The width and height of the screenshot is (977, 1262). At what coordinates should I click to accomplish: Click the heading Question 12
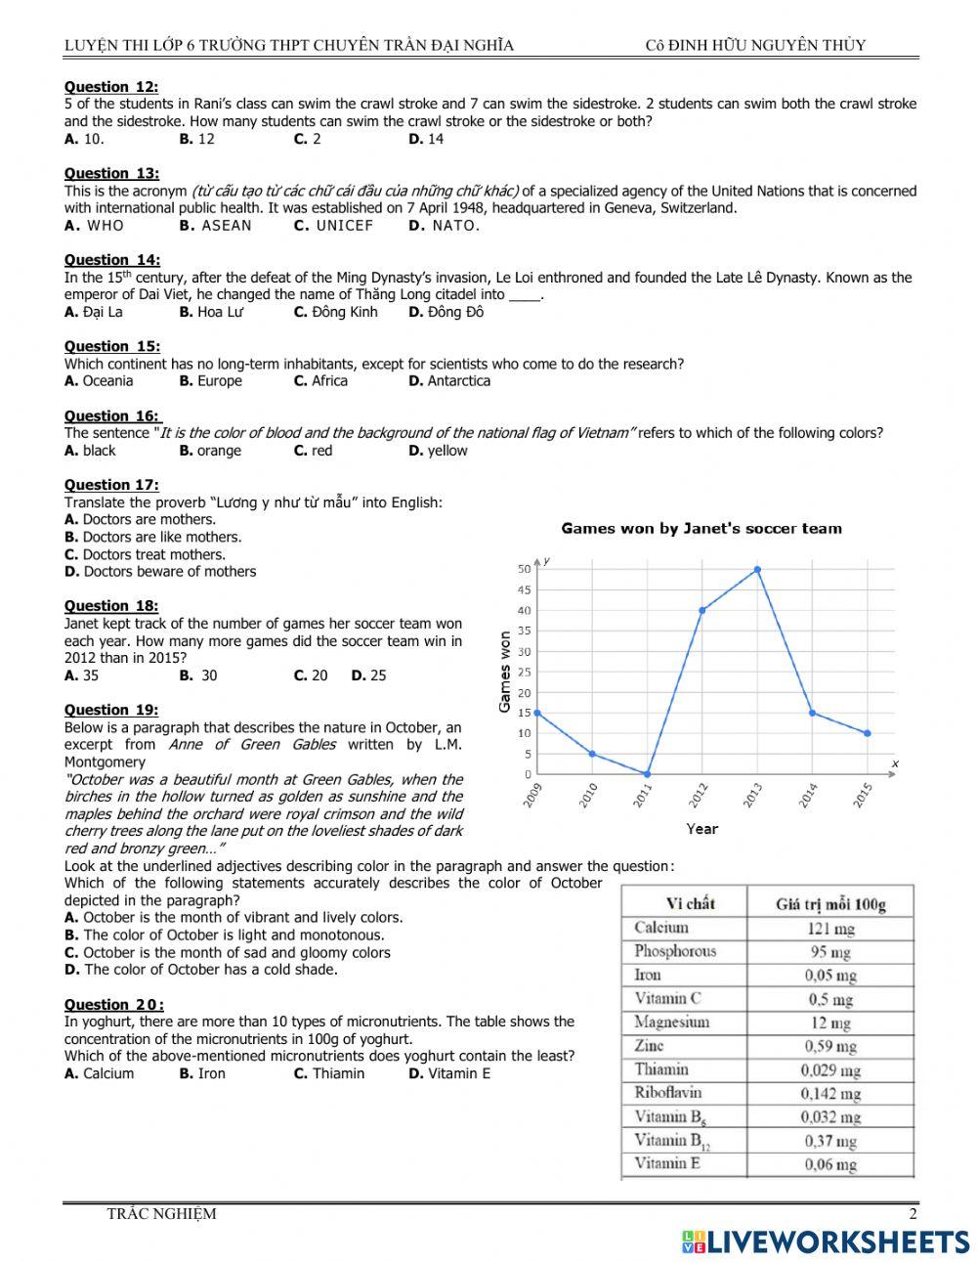coord(111,87)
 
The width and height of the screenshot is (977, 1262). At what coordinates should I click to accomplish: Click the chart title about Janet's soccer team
coord(701,529)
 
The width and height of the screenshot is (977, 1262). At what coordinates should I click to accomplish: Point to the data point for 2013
coord(757,569)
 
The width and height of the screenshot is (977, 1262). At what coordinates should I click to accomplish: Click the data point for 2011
coord(647,774)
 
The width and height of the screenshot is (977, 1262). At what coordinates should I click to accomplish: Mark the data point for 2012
coord(702,610)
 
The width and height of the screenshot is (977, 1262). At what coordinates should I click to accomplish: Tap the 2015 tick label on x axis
coord(862,796)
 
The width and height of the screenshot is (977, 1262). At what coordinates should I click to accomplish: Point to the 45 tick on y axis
coord(524,589)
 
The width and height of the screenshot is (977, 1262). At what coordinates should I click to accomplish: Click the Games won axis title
coord(505,671)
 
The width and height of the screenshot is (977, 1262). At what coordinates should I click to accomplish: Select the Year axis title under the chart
coord(701,829)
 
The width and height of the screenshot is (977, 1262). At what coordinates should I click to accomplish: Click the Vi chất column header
coord(690,903)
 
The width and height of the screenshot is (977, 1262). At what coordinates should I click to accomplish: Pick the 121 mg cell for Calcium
coord(829,928)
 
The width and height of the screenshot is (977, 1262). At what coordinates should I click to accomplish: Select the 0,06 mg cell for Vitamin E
coord(829,1164)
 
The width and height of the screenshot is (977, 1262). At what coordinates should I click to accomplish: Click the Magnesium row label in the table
coord(672,1023)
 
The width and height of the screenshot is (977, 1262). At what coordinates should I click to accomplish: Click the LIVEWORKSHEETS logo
coord(826,1240)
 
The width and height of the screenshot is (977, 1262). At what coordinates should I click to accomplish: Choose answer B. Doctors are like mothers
coord(152,537)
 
